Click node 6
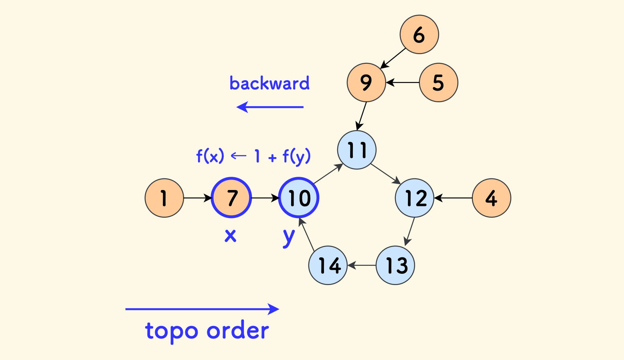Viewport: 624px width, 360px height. (419, 34)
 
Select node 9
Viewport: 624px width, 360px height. (366, 83)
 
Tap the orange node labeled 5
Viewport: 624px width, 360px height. (438, 83)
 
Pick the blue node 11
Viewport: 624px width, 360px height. (357, 150)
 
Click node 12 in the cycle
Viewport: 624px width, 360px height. (414, 198)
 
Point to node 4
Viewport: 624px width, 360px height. (491, 198)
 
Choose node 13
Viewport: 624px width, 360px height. (395, 265)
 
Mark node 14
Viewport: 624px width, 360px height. (328, 265)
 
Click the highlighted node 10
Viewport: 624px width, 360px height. (299, 198)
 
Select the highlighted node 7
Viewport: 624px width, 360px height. (231, 198)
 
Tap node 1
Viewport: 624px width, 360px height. (164, 198)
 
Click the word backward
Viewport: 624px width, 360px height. (269, 83)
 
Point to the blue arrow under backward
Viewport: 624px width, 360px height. (270, 107)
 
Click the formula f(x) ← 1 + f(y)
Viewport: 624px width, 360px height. (253, 156)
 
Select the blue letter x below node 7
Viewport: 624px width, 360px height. (230, 236)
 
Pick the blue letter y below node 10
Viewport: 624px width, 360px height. (289, 237)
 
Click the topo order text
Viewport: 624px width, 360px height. (207, 331)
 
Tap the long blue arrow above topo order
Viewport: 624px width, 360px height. (202, 309)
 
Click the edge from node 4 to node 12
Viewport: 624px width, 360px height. (453, 198)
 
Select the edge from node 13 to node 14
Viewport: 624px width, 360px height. (362, 265)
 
